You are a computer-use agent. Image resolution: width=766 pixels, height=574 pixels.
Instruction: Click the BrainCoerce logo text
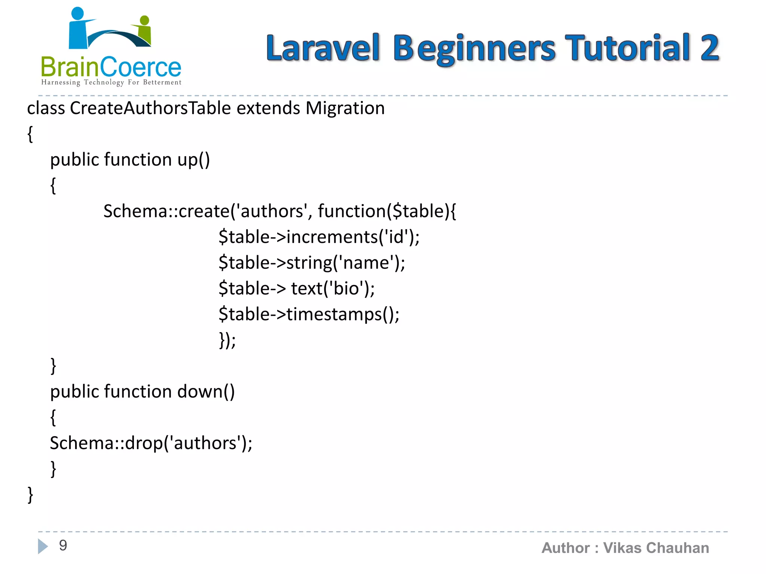(111, 67)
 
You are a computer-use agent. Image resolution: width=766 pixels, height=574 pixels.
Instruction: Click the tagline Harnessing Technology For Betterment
(111, 82)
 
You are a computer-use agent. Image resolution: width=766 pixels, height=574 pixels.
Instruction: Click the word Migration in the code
(345, 108)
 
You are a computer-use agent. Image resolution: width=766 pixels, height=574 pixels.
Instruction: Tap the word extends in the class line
(268, 108)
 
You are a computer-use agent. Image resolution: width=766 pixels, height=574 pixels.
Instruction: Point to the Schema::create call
(166, 212)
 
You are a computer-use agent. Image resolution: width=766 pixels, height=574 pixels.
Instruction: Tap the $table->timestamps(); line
(309, 314)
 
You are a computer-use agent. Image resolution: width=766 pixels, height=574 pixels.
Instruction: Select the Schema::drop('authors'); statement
(151, 444)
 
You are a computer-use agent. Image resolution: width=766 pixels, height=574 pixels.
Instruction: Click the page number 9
(63, 546)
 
